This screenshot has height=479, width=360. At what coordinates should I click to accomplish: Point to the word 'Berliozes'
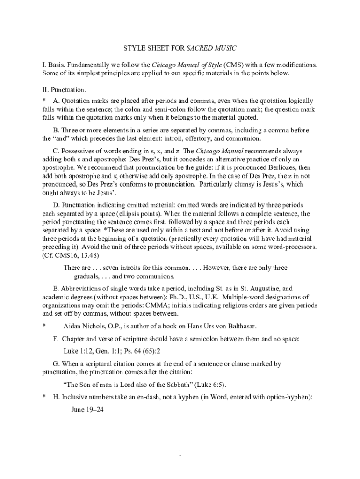point(282,167)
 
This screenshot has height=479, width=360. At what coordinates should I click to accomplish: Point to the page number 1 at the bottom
point(180,453)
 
